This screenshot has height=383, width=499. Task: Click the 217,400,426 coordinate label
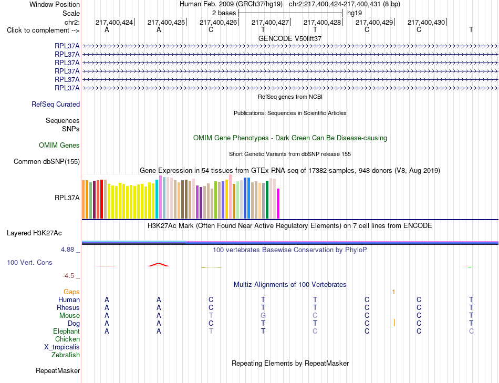[218, 22]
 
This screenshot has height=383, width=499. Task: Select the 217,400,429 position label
[374, 22]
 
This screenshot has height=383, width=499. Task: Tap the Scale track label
[71, 13]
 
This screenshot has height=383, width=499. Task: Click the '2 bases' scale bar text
[224, 13]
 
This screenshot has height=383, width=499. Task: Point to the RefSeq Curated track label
[56, 104]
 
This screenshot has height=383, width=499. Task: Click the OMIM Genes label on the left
[59, 145]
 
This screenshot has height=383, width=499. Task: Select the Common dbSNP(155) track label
[47, 161]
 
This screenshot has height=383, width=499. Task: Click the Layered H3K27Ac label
[34, 233]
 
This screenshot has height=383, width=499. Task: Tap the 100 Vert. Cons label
[29, 262]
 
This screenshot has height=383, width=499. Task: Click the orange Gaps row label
[71, 292]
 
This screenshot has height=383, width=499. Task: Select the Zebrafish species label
[66, 355]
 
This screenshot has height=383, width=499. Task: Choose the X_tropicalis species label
[62, 347]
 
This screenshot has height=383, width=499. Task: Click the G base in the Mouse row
[263, 316]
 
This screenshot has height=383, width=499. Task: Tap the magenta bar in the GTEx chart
[278, 204]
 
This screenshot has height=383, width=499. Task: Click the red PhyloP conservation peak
[159, 265]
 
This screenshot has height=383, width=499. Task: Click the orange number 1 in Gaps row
[393, 292]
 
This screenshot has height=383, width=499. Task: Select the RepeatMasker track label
[58, 370]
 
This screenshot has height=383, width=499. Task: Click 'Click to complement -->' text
[43, 30]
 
